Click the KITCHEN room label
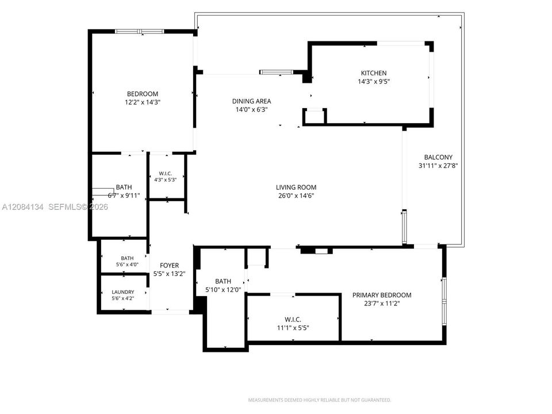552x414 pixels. pyautogui.click(x=374, y=73)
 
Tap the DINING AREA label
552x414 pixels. pyautogui.click(x=251, y=101)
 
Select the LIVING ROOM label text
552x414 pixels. pyautogui.click(x=296, y=187)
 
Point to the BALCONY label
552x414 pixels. pyautogui.click(x=438, y=158)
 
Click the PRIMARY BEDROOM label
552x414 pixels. pyautogui.click(x=382, y=295)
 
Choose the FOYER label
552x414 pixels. pyautogui.click(x=169, y=266)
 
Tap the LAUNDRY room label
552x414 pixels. pyautogui.click(x=123, y=292)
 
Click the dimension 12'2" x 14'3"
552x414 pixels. pyautogui.click(x=143, y=102)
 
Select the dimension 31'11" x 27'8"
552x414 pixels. pyautogui.click(x=438, y=166)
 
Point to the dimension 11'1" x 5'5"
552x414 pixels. pyautogui.click(x=293, y=328)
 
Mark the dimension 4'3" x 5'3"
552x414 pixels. pyautogui.click(x=165, y=179)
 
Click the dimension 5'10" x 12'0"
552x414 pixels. pyautogui.click(x=223, y=290)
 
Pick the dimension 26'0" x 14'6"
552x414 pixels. pyautogui.click(x=296, y=196)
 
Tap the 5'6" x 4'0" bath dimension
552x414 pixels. pyautogui.click(x=127, y=264)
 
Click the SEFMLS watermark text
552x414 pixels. pyautogui.click(x=78, y=207)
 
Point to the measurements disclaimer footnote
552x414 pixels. pyautogui.click(x=320, y=400)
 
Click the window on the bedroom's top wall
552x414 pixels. pyautogui.click(x=139, y=32)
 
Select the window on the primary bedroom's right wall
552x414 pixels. pyautogui.click(x=444, y=301)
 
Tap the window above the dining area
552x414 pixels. pyautogui.click(x=277, y=72)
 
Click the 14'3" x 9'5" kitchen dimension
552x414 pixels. pyautogui.click(x=374, y=82)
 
